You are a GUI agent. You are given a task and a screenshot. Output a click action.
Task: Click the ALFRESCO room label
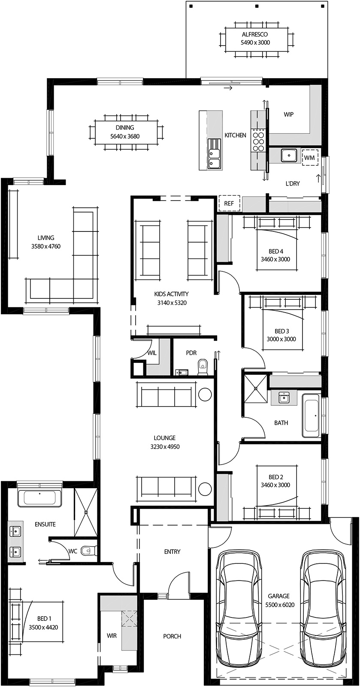(255, 34)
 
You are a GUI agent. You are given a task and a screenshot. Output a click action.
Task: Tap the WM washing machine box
(309, 158)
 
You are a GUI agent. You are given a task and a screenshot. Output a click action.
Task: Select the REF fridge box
(229, 204)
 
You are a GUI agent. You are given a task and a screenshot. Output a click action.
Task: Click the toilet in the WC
(89, 550)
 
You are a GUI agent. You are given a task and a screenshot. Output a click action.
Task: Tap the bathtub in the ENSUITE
(39, 498)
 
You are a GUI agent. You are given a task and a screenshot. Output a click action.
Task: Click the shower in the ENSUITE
(86, 512)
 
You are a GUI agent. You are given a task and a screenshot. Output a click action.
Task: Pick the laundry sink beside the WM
(289, 155)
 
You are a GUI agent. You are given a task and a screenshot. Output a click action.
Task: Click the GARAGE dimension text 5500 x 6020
(278, 605)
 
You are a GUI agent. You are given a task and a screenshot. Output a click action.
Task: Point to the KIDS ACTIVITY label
(172, 294)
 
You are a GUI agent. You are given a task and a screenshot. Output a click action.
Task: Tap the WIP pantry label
(289, 115)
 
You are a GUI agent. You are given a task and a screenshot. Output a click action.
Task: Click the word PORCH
(172, 636)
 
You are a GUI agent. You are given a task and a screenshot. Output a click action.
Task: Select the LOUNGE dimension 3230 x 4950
(165, 447)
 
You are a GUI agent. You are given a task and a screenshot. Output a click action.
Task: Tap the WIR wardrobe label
(112, 635)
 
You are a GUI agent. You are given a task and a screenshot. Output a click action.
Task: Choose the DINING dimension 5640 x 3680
(125, 137)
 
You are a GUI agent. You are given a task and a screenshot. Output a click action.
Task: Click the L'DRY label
(293, 183)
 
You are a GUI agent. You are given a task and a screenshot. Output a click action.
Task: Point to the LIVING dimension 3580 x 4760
(46, 246)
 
